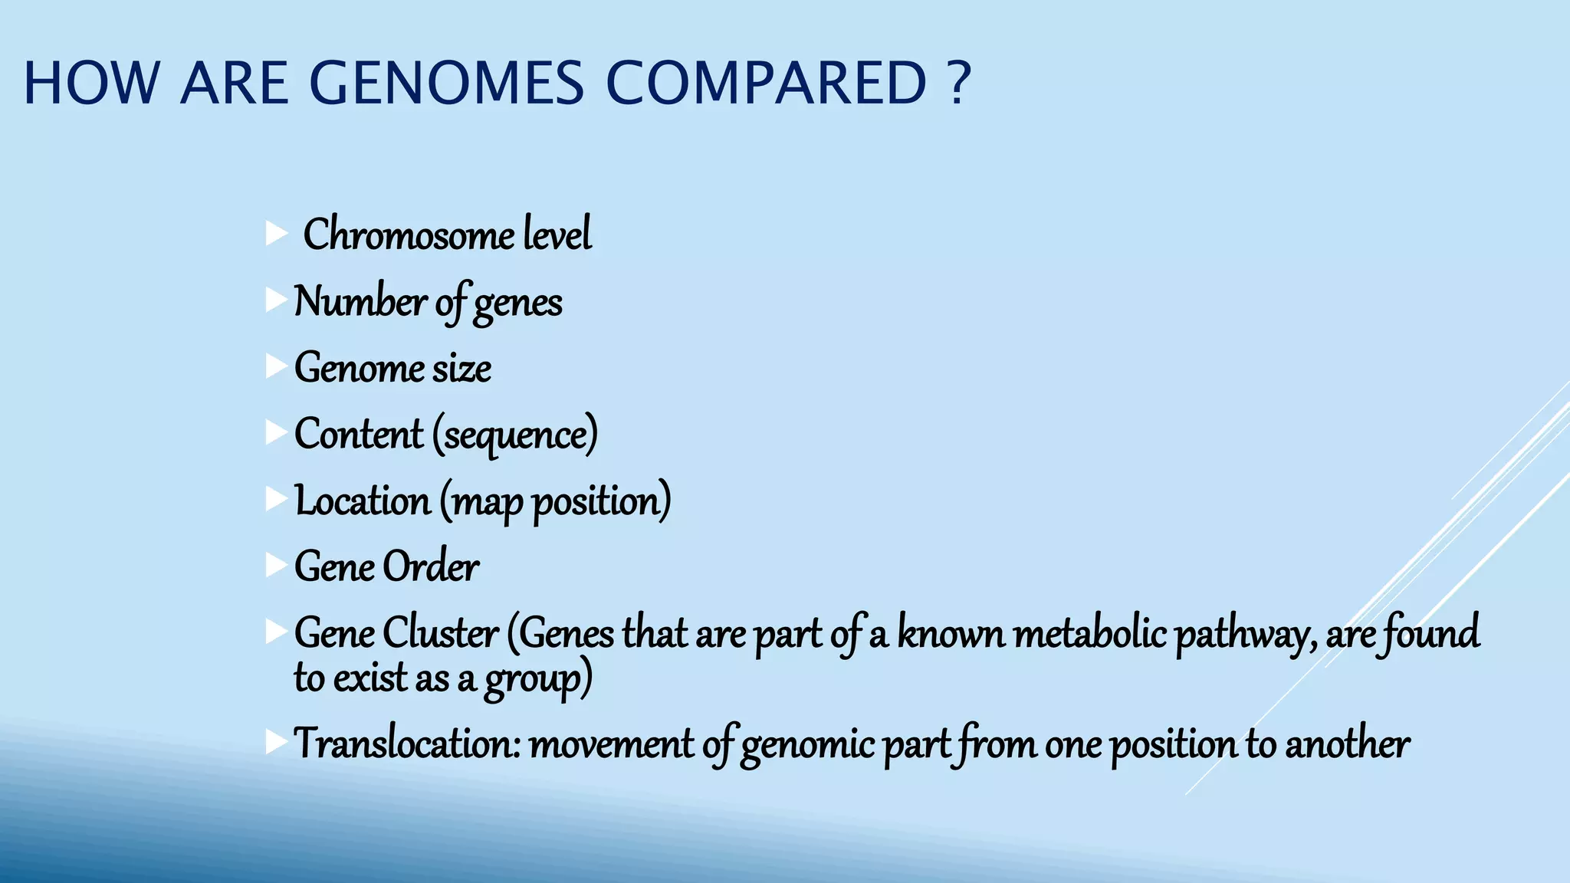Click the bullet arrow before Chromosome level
click(x=276, y=234)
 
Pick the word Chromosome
click(x=409, y=235)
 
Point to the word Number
click(x=360, y=301)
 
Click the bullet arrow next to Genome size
click(x=276, y=366)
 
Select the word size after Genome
click(x=461, y=368)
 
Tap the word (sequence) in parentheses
click(x=514, y=435)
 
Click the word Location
click(x=363, y=501)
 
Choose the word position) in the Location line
click(x=602, y=503)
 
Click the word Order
click(x=431, y=567)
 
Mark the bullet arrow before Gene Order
click(x=276, y=566)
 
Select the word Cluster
click(x=441, y=634)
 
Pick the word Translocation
click(x=407, y=743)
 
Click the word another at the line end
click(x=1347, y=743)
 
